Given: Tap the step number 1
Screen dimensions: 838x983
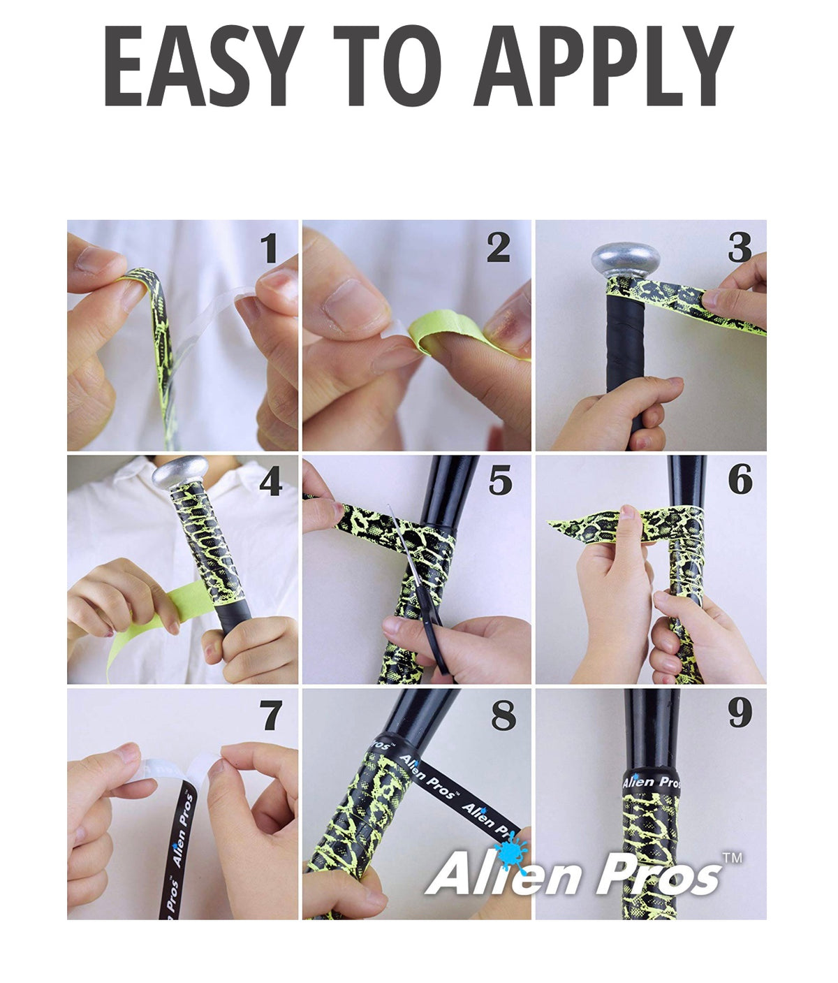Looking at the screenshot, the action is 271,248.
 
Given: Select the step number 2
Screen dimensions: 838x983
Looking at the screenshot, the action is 499,248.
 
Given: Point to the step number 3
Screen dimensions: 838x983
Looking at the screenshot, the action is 740,248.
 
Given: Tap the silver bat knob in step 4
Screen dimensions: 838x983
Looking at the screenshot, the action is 179,474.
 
